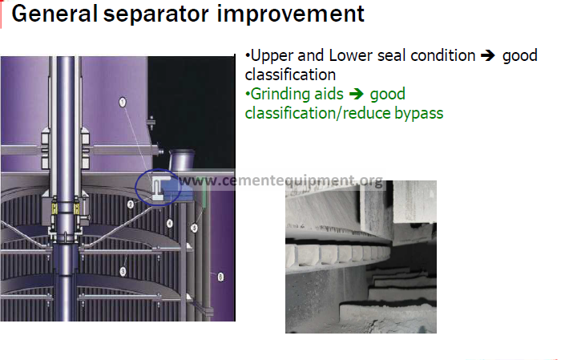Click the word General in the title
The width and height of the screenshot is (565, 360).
pos(54,14)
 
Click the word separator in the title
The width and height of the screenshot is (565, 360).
pos(156,15)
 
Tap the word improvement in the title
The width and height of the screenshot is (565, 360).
pos(291,14)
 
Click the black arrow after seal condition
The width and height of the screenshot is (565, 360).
pos(488,55)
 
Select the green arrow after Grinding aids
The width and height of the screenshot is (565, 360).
pos(357,94)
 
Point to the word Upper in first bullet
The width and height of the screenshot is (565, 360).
pos(272,56)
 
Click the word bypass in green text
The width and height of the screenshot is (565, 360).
pos(418,114)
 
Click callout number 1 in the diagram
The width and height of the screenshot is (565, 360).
pos(123,103)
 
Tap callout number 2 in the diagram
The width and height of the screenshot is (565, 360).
pos(131,204)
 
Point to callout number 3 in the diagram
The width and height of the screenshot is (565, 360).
pos(123,271)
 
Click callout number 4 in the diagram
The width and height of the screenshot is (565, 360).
pos(169,224)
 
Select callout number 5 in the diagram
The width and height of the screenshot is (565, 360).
pos(195,229)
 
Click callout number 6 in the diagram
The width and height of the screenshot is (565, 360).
pos(220,277)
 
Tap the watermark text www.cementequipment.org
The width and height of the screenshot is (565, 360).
pos(281,180)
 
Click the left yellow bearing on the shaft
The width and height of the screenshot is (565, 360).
pos(54,208)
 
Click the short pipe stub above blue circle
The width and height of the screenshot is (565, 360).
pos(182,160)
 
